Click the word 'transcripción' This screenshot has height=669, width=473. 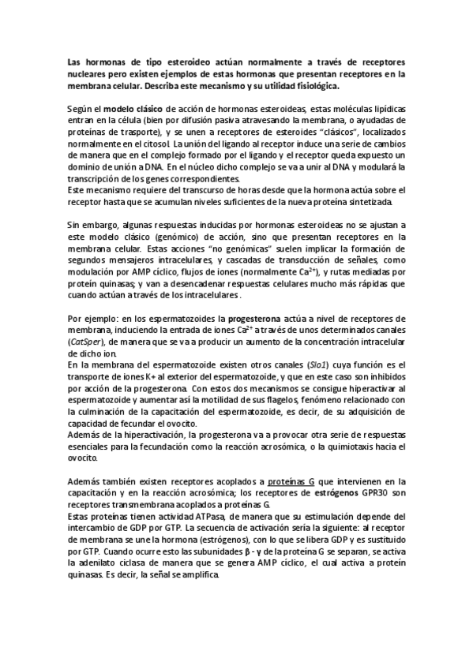93,178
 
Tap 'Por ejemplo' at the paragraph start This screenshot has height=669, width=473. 92,317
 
